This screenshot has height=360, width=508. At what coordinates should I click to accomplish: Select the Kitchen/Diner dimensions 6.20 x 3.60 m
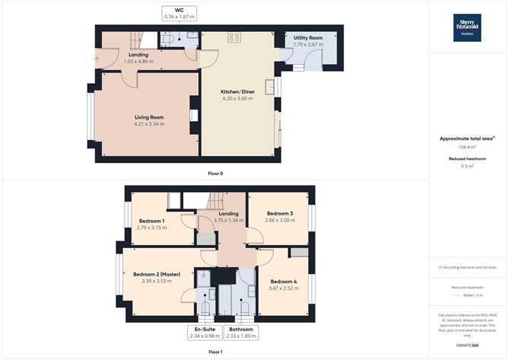(x=238, y=97)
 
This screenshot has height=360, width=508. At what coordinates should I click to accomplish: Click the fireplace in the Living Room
(x=192, y=116)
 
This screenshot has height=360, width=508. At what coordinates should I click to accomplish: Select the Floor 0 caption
(x=215, y=173)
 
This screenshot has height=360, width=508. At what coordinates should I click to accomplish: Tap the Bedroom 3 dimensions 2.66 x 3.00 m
(x=280, y=221)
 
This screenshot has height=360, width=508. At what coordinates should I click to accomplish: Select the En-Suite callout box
(x=203, y=333)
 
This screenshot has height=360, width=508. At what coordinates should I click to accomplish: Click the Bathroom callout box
(x=239, y=333)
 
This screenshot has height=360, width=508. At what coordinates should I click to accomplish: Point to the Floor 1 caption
(x=215, y=352)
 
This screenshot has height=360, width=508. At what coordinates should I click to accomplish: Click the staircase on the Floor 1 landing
(x=215, y=202)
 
